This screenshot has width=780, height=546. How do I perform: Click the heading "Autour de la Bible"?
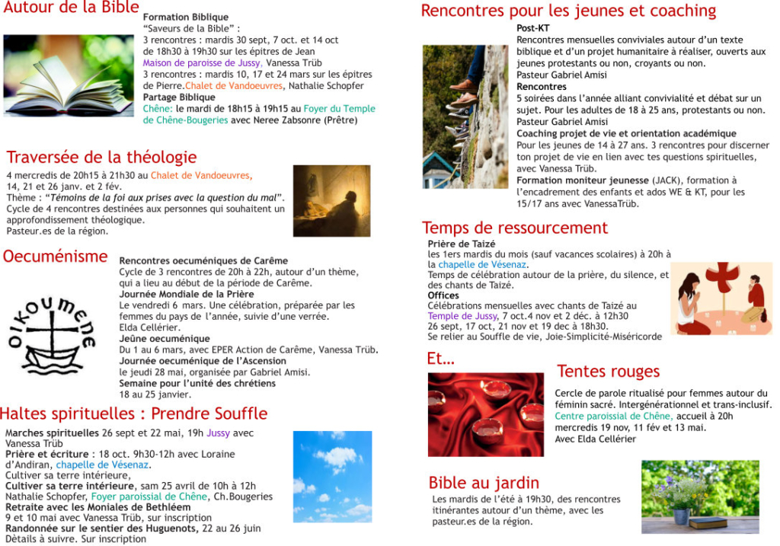click(x=71, y=8)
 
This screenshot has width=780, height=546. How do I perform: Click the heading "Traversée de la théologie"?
click(x=101, y=158)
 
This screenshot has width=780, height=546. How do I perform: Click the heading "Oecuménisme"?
click(x=55, y=257)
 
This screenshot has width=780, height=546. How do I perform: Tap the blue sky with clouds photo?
click(x=332, y=476)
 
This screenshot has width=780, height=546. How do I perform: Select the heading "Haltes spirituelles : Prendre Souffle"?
click(x=133, y=413)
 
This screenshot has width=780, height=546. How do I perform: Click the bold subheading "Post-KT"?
click(x=533, y=28)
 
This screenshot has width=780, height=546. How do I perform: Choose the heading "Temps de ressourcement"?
click(x=515, y=228)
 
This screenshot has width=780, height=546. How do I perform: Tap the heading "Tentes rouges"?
click(x=608, y=372)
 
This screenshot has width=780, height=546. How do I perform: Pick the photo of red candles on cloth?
click(x=486, y=414)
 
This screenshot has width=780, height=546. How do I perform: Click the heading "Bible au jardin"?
click(x=484, y=483)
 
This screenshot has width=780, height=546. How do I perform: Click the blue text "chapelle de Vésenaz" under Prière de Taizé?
click(x=482, y=265)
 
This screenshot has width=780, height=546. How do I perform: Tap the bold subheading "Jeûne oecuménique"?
click(x=165, y=339)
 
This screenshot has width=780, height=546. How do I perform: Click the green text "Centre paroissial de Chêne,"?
click(x=614, y=417)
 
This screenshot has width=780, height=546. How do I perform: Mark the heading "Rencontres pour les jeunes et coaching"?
click(x=568, y=11)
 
